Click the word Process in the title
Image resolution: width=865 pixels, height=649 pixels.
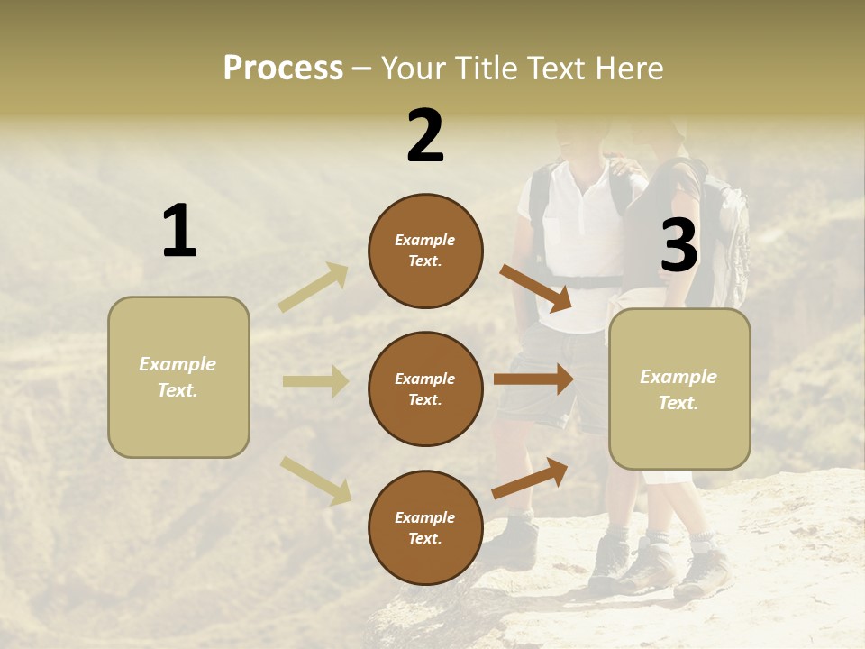283,69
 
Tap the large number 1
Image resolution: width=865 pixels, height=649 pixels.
179,232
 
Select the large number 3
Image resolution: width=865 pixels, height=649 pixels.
678,245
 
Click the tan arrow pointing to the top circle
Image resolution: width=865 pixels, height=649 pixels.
314,287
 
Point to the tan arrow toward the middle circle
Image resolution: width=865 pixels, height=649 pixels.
315,381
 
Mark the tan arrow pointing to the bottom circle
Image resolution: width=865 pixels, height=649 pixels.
315,480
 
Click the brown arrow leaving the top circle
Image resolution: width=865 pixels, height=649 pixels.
535,288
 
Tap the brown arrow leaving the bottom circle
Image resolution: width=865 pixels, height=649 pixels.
530,478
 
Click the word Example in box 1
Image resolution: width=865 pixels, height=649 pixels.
178,364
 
